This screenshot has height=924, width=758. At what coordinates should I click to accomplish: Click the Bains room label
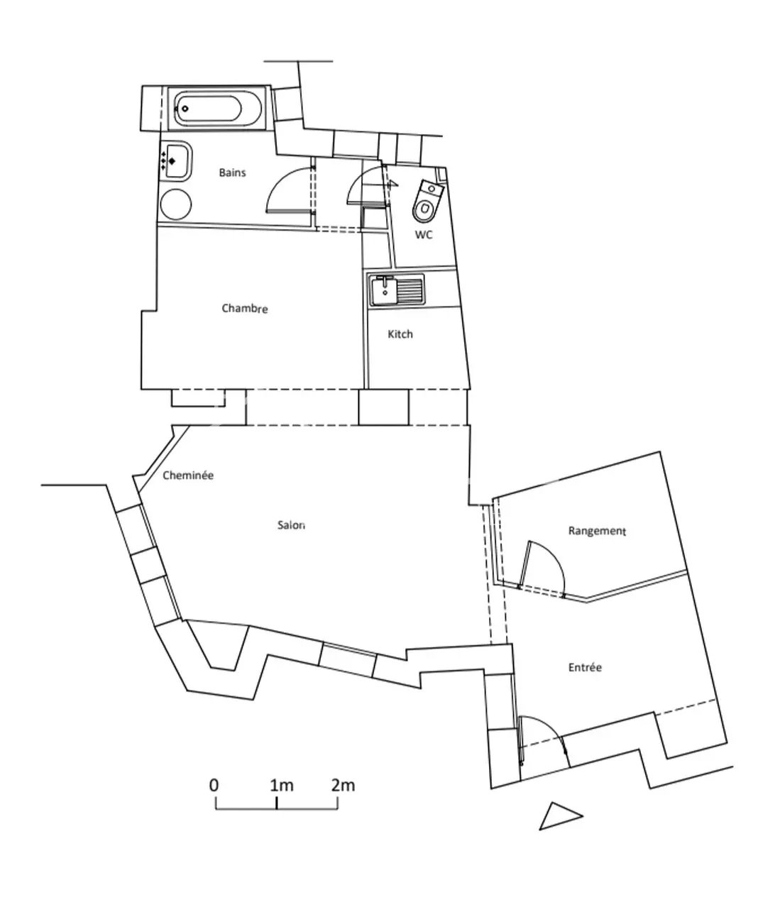tap(232, 172)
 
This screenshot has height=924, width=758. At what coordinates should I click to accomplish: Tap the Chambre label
tap(244, 309)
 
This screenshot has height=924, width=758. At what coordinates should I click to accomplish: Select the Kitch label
tap(400, 334)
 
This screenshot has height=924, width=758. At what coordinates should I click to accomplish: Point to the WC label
tap(424, 235)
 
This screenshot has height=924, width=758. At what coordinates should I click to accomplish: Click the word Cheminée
tap(188, 475)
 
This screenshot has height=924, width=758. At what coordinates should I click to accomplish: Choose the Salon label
tap(291, 525)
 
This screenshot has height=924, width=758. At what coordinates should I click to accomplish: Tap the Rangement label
tap(597, 531)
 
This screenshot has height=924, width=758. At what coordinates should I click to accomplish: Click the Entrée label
tap(585, 667)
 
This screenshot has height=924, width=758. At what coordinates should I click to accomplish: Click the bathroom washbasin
tap(177, 161)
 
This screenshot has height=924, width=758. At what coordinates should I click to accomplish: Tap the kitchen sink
tap(396, 289)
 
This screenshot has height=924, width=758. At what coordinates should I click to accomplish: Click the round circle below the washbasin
tap(176, 204)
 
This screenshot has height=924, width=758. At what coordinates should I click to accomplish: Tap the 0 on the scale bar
tap(214, 785)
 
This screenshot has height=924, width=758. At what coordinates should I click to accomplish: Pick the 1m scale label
tap(281, 785)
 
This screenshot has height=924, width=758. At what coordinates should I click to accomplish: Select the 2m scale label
tap(343, 785)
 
